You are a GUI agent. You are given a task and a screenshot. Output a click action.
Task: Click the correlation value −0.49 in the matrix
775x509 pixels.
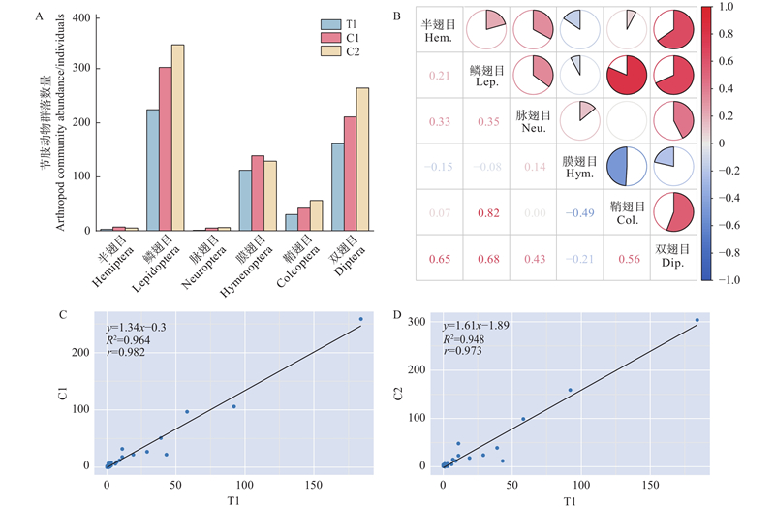click(578, 212)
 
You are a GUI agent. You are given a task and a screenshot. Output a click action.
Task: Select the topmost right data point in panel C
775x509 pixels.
click(360, 319)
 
